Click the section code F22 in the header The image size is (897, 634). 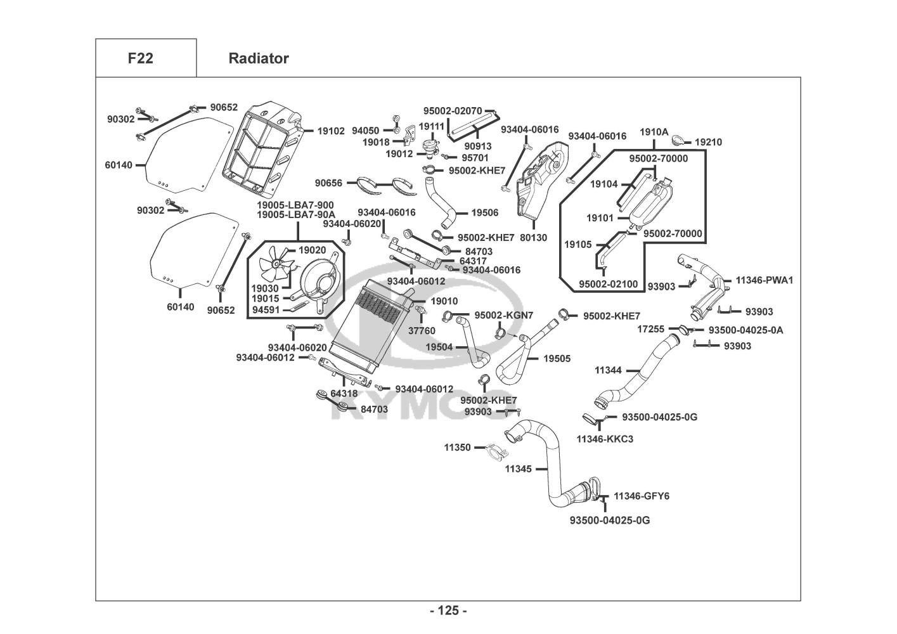point(140,58)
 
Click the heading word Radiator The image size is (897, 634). point(258,58)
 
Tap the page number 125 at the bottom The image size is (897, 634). point(448,611)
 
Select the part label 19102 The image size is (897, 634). point(331,131)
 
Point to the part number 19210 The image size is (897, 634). point(708,143)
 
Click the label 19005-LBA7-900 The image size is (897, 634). point(295,205)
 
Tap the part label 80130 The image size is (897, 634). point(533,238)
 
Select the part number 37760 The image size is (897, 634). point(422,330)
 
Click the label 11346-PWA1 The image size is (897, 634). point(764,280)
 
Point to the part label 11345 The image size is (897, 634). point(518,470)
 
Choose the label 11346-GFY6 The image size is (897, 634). point(642,496)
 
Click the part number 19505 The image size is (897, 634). point(557,359)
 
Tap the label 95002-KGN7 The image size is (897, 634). point(504,315)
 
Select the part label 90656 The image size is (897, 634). point(328,183)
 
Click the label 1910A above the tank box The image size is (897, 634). point(654,132)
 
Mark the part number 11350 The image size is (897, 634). point(457,448)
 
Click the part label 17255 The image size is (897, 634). point(650,329)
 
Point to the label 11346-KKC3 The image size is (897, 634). point(605,439)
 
